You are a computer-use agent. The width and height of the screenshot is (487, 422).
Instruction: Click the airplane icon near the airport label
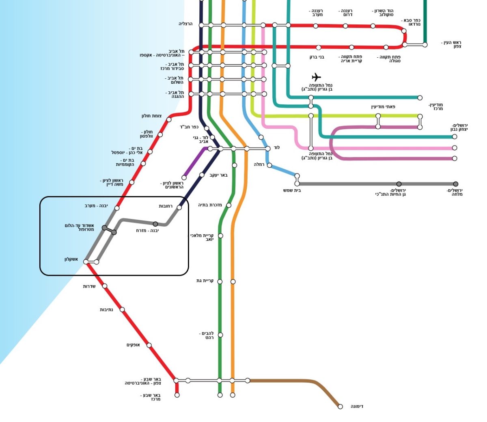click(317, 77)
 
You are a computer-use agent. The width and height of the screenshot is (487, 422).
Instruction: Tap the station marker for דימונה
click(340, 407)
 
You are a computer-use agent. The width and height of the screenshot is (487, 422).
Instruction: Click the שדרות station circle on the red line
click(105, 286)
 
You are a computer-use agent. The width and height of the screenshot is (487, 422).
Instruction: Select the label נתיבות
click(106, 309)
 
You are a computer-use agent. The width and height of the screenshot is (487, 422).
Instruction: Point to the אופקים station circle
click(149, 345)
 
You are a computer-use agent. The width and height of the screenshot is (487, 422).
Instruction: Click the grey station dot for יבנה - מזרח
click(155, 224)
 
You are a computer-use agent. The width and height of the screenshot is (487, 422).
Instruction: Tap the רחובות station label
click(166, 206)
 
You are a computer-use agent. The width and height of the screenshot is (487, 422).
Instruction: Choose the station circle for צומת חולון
click(169, 119)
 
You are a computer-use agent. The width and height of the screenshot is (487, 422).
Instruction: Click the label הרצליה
click(185, 24)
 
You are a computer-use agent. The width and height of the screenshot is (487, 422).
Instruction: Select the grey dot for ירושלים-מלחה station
click(456, 184)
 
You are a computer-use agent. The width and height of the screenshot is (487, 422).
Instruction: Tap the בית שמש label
click(292, 190)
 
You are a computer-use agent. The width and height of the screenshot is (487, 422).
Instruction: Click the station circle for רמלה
click(269, 165)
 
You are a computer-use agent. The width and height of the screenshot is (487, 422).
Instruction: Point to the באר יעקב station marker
click(202, 175)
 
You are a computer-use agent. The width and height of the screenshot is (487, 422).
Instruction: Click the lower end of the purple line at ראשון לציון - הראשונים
click(184, 177)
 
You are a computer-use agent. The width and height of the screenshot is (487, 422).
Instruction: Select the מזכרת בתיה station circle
click(228, 205)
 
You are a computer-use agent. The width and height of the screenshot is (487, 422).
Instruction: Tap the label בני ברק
click(317, 57)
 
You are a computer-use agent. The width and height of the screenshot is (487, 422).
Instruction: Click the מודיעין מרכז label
click(435, 106)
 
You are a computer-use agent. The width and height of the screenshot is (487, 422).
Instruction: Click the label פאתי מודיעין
click(383, 107)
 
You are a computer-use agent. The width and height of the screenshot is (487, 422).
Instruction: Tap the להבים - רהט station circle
click(220, 335)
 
